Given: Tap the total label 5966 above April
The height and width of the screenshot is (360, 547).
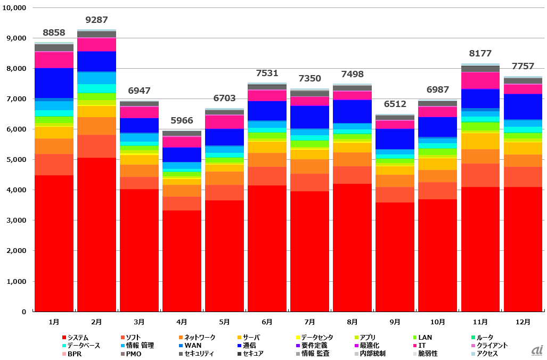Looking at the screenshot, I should click(x=182, y=120).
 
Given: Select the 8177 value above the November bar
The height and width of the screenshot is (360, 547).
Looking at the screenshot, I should click(x=480, y=53).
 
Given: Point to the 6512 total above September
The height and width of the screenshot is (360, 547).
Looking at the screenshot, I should click(x=395, y=104).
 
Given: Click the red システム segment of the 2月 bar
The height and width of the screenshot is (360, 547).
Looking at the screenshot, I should click(x=96, y=234).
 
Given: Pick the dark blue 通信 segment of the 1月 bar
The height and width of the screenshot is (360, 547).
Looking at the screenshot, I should click(x=54, y=83).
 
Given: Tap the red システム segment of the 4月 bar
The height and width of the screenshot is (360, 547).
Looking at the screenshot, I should click(x=182, y=261).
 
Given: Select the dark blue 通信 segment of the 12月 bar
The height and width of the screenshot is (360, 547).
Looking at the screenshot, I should click(x=523, y=107).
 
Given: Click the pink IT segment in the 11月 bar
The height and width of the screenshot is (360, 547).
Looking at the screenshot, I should click(x=480, y=80).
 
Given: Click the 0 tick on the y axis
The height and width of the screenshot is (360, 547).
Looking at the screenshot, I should click(x=23, y=312).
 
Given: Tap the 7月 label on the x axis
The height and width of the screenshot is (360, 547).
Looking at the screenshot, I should click(x=309, y=322).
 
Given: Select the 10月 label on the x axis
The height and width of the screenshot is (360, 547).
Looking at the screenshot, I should click(x=437, y=322).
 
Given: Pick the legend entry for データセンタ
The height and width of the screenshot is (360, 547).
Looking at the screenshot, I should click(x=314, y=338).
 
